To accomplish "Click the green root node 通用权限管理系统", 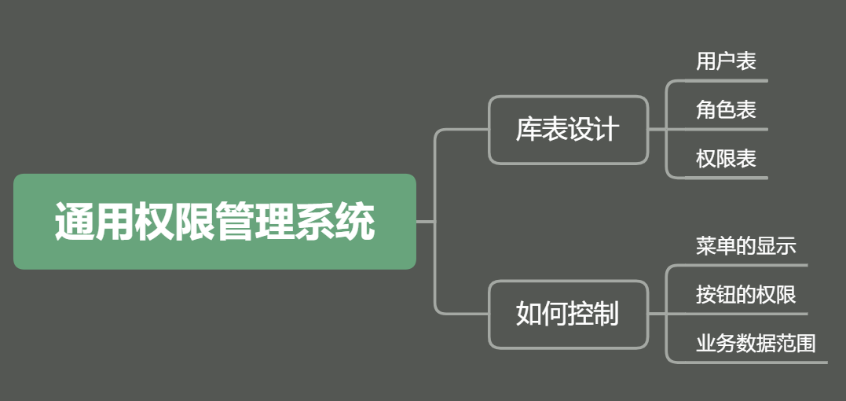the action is pos(214,222).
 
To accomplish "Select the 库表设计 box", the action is pos(568,130).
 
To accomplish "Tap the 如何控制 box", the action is pos(568,314).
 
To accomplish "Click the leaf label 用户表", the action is pos(726,61).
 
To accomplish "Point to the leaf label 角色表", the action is pos(726,110).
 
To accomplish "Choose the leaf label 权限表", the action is pos(726,159).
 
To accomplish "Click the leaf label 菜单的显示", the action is pos(745,246).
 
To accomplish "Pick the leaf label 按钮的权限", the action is pos(745,295).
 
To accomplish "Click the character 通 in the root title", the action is pos(75,223).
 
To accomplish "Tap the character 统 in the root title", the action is pos(355,223).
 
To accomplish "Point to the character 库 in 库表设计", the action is pos(529,130).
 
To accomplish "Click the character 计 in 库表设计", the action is pos(606,130).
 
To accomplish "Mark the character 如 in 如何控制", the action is pos(529,314).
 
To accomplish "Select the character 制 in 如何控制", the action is pos(606,314).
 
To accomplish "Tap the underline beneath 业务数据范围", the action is pos(754,362).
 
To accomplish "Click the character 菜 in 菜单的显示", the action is pos(705,246).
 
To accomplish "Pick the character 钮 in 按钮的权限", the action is pos(726,295).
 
